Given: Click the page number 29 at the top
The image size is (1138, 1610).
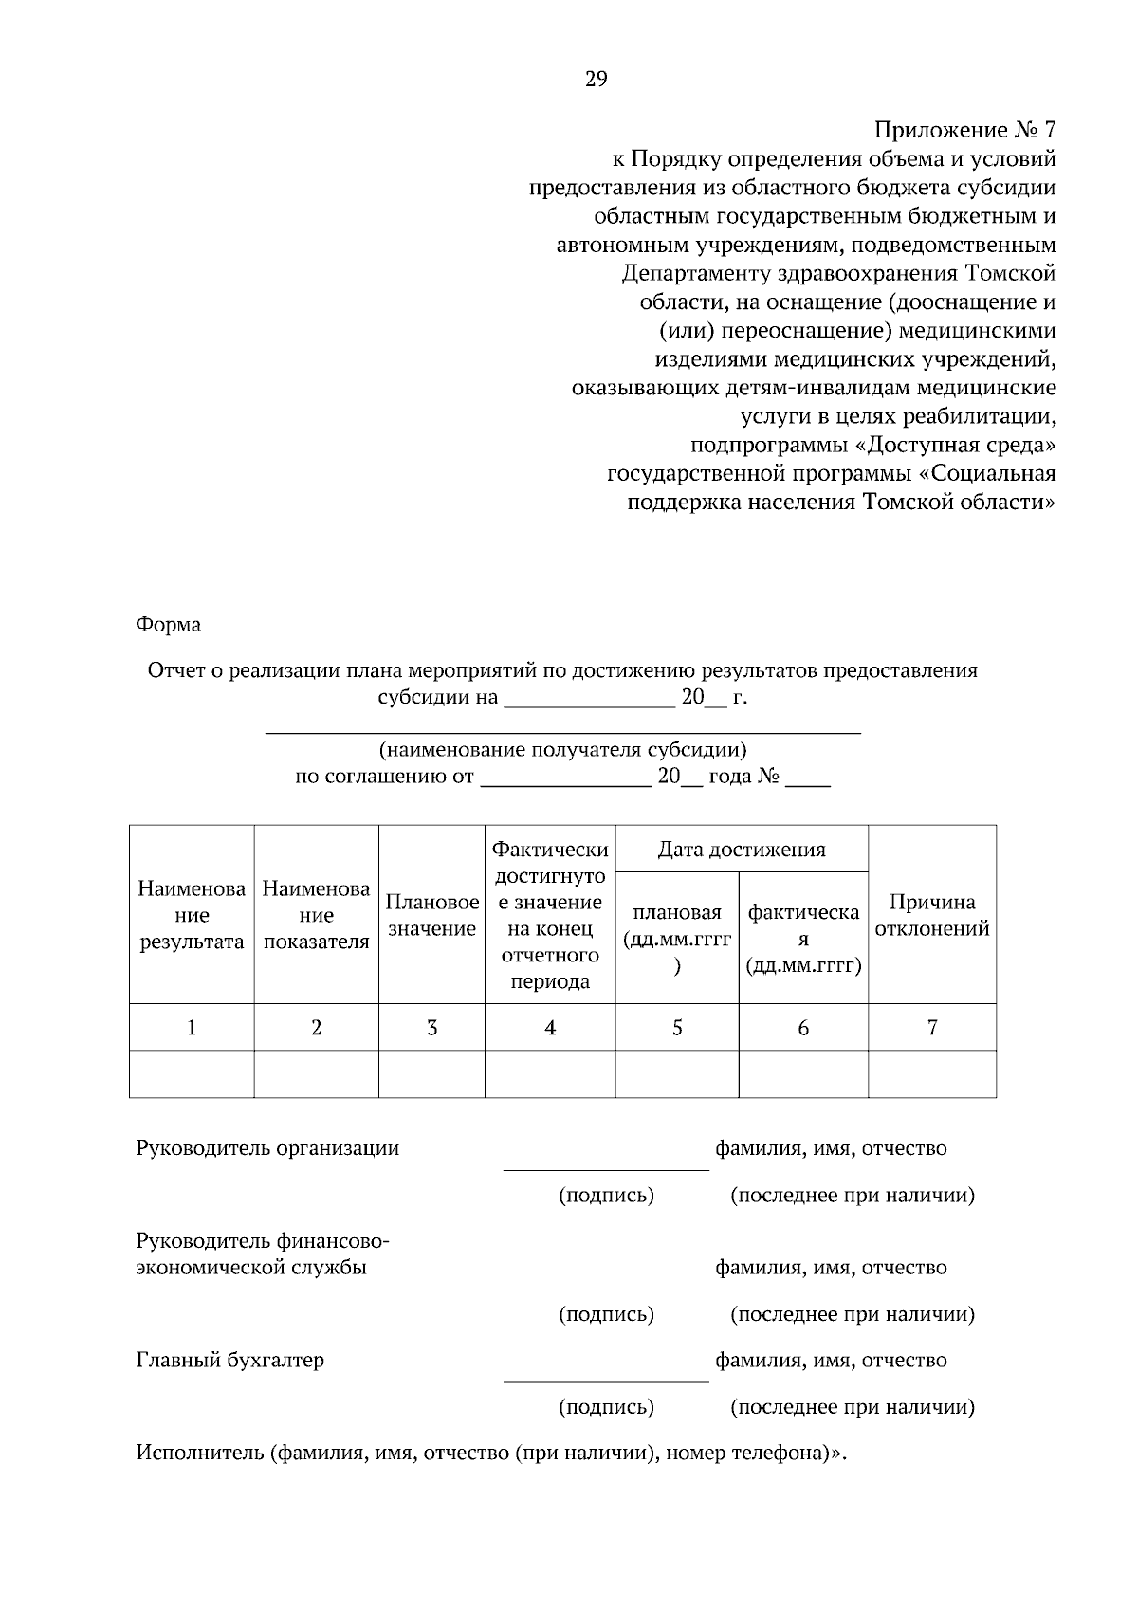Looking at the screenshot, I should [596, 80].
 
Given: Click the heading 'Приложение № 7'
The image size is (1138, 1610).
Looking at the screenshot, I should [964, 130].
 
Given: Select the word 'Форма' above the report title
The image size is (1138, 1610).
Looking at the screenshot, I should [168, 625].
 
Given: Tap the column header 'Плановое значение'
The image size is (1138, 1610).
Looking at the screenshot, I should [431, 916].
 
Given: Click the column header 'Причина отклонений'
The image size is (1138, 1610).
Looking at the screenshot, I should [931, 916].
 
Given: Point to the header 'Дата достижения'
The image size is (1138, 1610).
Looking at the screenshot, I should [742, 850].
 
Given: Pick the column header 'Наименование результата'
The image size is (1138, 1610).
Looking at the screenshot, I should [192, 916].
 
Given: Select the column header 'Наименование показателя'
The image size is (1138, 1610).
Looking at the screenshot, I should [316, 916].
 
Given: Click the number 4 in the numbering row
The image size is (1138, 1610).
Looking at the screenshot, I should [550, 1028].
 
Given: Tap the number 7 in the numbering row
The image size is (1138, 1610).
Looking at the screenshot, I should [931, 1028].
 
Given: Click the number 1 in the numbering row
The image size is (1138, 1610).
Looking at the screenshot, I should [192, 1028].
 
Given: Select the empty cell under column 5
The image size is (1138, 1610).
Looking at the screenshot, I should [676, 1074].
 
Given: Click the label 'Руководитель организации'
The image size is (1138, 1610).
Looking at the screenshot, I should [267, 1148].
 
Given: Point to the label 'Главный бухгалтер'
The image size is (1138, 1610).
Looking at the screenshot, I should [229, 1361].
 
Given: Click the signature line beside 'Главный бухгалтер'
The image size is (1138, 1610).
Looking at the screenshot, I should [605, 1381].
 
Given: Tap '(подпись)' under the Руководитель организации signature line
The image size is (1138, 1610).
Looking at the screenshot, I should [606, 1196].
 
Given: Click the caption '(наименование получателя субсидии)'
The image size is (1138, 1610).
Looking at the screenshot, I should [562, 750].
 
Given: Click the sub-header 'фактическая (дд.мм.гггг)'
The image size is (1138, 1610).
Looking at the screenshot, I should [802, 939].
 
